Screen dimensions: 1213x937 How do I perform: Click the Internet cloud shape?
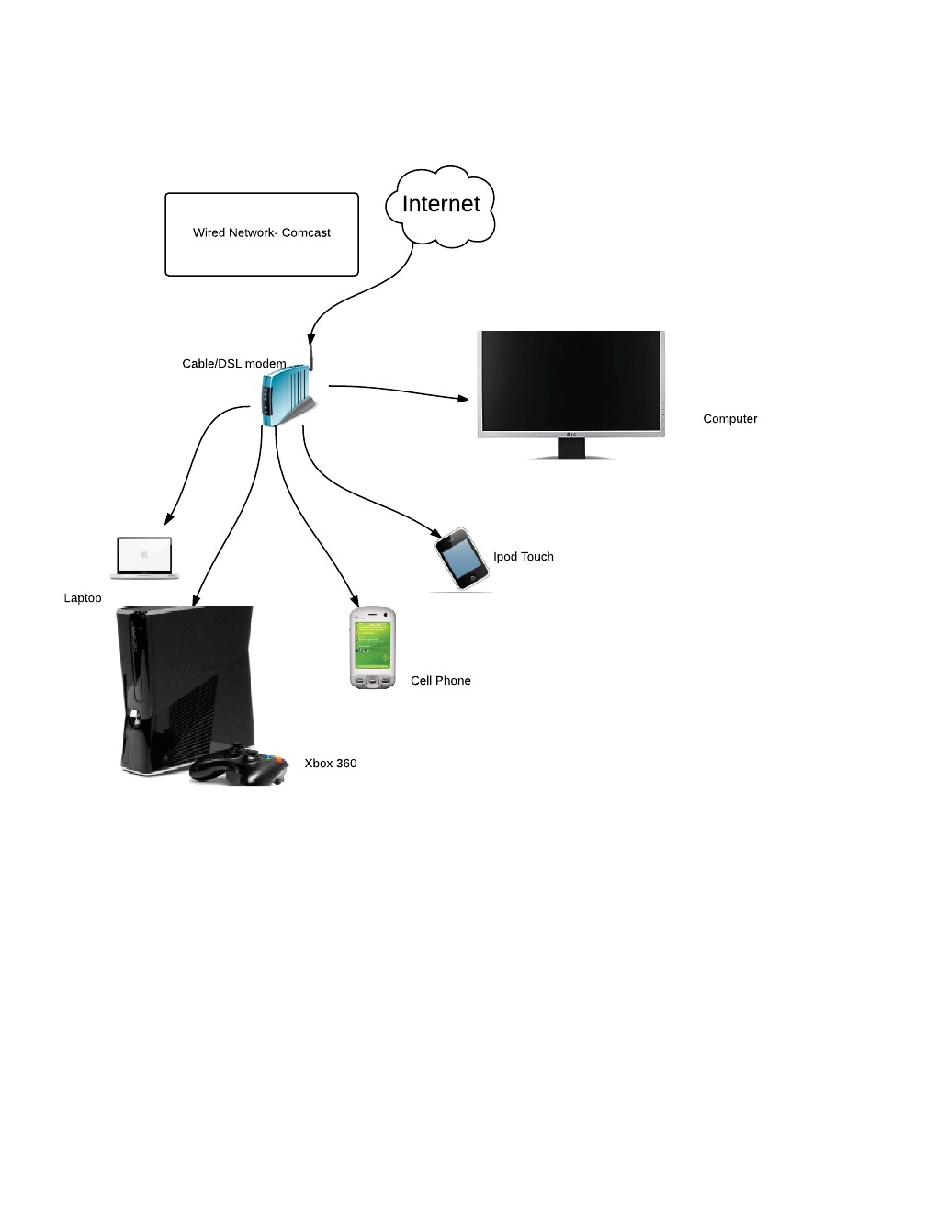(x=441, y=205)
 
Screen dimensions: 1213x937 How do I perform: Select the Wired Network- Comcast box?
(x=262, y=233)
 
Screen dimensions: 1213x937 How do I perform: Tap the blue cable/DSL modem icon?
(x=285, y=396)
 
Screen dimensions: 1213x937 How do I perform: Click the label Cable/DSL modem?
(x=234, y=364)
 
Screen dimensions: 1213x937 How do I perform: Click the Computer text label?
(x=730, y=419)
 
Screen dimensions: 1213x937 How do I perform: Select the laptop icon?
(x=144, y=557)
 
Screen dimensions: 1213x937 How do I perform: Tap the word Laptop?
(x=83, y=598)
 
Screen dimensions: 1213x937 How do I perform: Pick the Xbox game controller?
(x=239, y=766)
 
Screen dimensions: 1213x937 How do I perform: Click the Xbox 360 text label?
(x=331, y=764)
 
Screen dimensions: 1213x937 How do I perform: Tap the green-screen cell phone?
(x=373, y=649)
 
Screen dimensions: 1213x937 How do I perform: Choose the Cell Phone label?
(x=441, y=681)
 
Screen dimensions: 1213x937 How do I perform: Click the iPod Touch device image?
(x=461, y=558)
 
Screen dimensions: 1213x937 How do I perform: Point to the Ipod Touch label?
(x=524, y=557)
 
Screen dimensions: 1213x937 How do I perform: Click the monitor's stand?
(x=571, y=448)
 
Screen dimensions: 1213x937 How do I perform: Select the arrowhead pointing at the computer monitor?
(x=462, y=399)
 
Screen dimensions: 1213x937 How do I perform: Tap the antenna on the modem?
(x=310, y=356)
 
